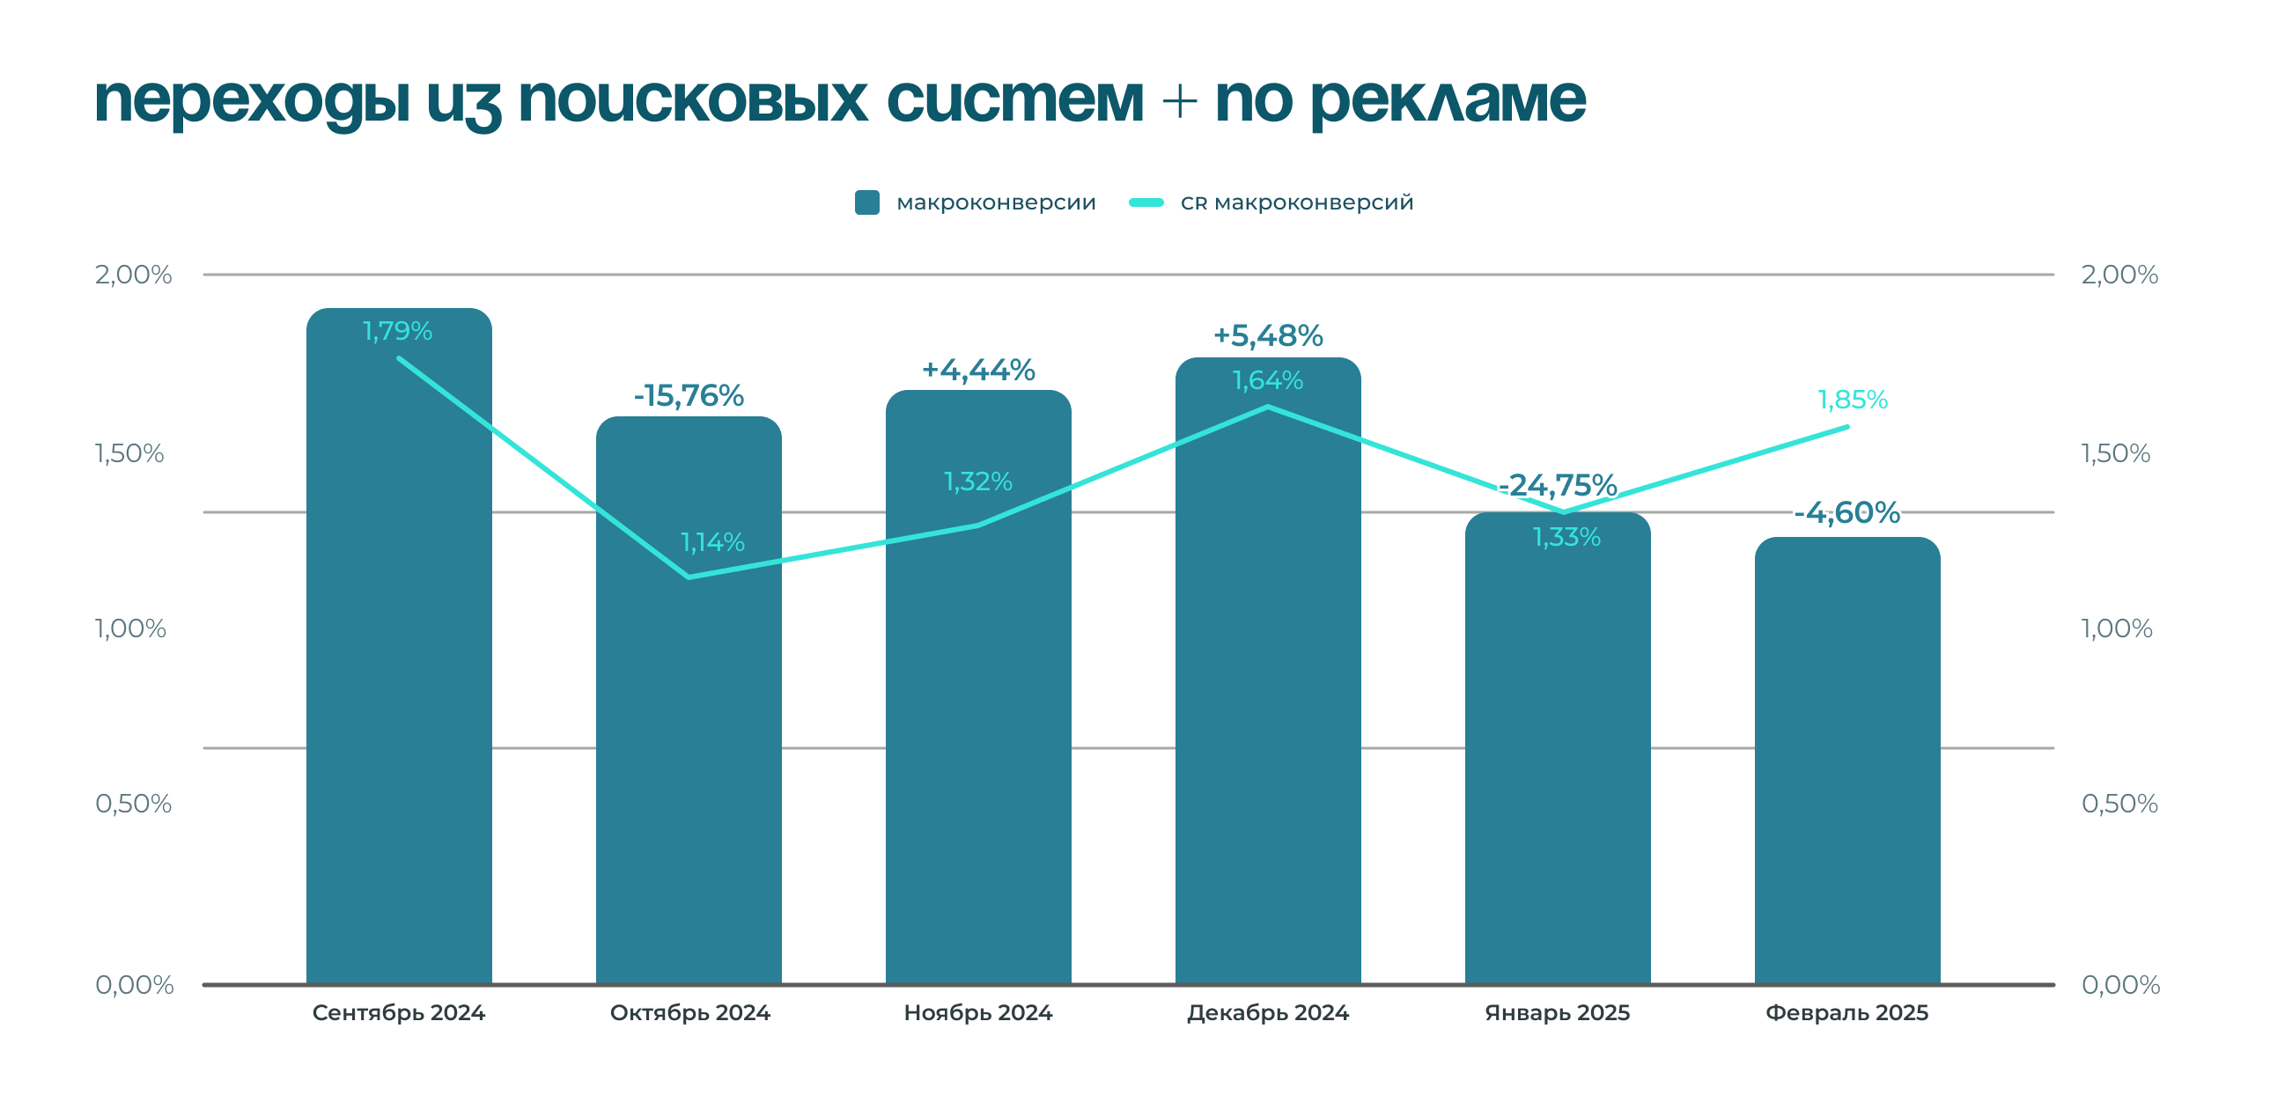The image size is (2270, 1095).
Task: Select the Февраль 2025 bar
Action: [x=1847, y=775]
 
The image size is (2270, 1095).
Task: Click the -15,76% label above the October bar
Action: [x=689, y=395]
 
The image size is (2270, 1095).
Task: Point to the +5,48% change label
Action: [x=1268, y=335]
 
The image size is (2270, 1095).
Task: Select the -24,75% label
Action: [x=1557, y=485]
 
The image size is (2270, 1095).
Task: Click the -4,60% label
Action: [x=1847, y=511]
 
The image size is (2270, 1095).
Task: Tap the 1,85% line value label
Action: [x=1853, y=400]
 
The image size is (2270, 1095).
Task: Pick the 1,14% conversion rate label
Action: [x=712, y=541]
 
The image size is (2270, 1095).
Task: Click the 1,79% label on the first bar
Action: [x=397, y=331]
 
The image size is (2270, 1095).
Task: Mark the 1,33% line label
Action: [x=1566, y=536]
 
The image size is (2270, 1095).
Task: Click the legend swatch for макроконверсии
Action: [x=867, y=202]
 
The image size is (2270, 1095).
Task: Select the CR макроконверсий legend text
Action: [x=1296, y=202]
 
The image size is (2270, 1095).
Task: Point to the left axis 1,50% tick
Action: [x=129, y=453]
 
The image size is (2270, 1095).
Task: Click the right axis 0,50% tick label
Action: [x=2119, y=804]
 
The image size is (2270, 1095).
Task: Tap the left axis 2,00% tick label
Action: [x=133, y=275]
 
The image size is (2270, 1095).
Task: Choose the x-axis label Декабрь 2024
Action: [x=1267, y=1013]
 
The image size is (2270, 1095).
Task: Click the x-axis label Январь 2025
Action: [x=1557, y=1013]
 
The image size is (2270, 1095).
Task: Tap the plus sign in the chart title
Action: [x=1179, y=101]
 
